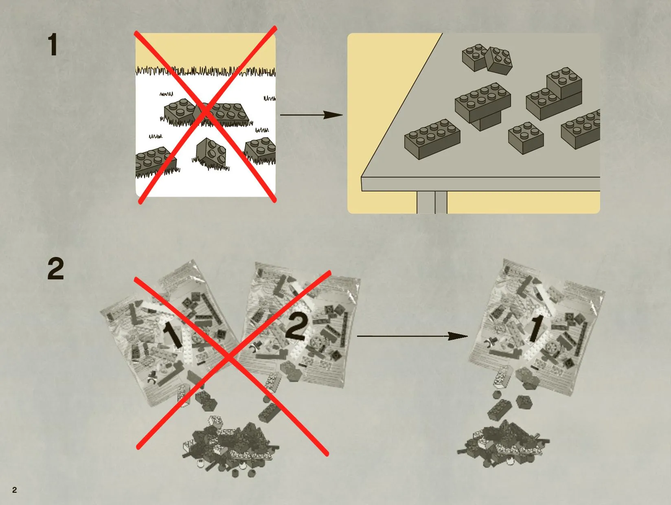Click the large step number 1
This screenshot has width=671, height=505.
pyautogui.click(x=53, y=45)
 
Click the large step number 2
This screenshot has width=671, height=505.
pyautogui.click(x=56, y=269)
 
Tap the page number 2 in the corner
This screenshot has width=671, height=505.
pyautogui.click(x=14, y=490)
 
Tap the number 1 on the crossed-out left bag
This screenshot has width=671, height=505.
pyautogui.click(x=173, y=335)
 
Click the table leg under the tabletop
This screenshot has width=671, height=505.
pyautogui.click(x=432, y=202)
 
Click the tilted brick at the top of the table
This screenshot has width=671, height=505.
pyautogui.click(x=499, y=61)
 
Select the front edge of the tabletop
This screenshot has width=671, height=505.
pyautogui.click(x=481, y=184)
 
